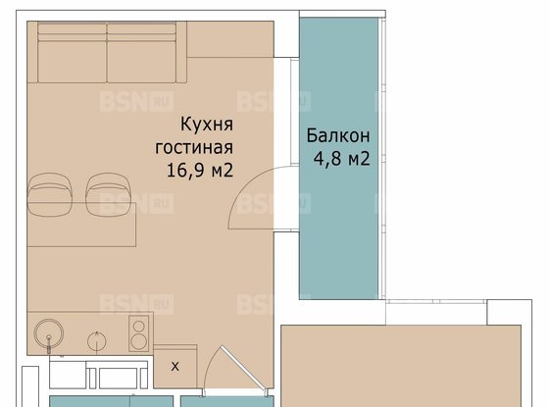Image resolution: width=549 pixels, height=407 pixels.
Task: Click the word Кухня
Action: (206, 125)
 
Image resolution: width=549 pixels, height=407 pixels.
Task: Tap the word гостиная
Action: (194, 147)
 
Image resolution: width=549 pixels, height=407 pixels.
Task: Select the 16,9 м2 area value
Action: (201, 170)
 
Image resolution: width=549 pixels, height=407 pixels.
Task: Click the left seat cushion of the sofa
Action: (71, 59)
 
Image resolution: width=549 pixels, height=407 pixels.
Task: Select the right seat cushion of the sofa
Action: (142, 59)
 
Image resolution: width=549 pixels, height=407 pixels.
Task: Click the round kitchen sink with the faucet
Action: (48, 334)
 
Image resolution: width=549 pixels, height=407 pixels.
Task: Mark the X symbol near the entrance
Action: (175, 367)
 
